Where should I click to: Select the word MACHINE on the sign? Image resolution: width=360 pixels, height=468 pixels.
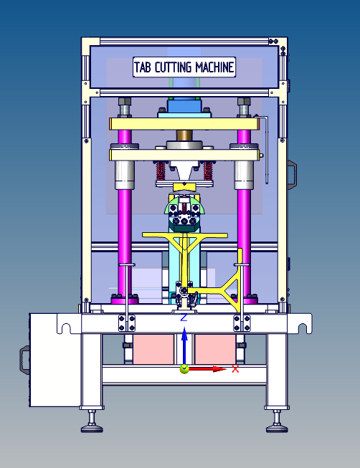(214, 67)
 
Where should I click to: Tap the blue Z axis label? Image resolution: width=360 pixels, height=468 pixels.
(184, 317)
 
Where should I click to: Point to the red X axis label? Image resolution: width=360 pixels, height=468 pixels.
(235, 369)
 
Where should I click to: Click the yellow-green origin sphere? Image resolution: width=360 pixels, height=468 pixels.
(184, 369)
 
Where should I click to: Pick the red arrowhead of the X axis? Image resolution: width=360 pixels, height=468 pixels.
(219, 369)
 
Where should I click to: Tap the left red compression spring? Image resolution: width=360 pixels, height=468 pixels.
(161, 171)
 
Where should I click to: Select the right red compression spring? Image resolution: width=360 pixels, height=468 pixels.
(208, 171)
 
